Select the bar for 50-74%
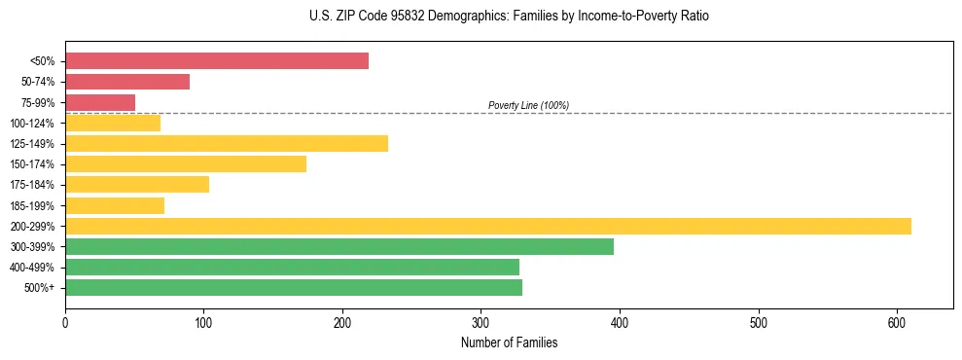127,82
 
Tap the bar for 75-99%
100,102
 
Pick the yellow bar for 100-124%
113,124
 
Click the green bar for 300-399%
339,246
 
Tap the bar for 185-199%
115,205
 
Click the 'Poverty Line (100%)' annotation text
528,105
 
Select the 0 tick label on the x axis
65,323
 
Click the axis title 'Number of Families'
509,342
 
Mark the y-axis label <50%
43,61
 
